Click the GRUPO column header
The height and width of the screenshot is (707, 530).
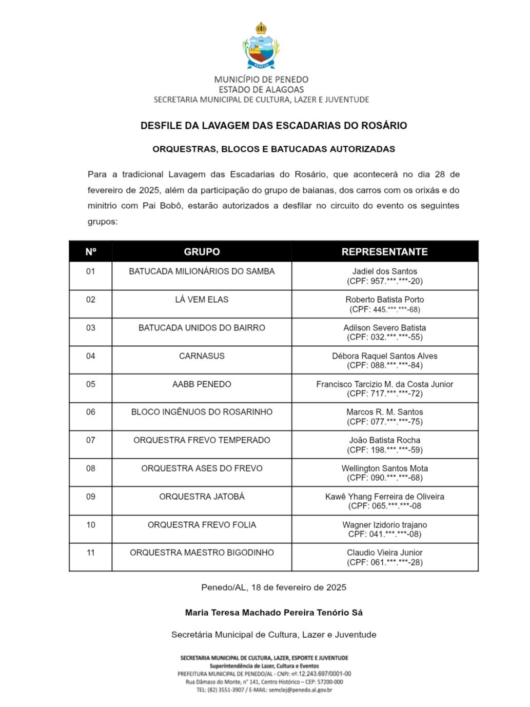pyautogui.click(x=202, y=252)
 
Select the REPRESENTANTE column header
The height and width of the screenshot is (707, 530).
pyautogui.click(x=384, y=252)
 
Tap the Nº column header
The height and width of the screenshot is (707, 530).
pyautogui.click(x=91, y=252)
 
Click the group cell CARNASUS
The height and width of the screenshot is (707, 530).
pyautogui.click(x=202, y=356)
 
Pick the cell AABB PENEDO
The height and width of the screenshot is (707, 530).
pyautogui.click(x=202, y=384)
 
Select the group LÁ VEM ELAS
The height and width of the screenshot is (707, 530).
pyautogui.click(x=202, y=300)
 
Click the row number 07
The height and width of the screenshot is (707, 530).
pyautogui.click(x=91, y=440)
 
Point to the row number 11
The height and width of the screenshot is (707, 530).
pyautogui.click(x=91, y=553)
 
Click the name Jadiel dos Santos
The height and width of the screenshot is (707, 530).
pyautogui.click(x=384, y=271)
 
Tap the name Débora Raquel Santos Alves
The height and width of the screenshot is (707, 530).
pyautogui.click(x=384, y=356)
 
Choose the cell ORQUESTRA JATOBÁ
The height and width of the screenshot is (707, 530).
pyautogui.click(x=202, y=497)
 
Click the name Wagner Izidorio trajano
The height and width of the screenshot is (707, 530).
pyautogui.click(x=384, y=525)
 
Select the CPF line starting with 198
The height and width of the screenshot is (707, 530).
pyautogui.click(x=384, y=450)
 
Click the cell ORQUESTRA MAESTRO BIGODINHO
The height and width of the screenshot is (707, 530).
pyautogui.click(x=202, y=553)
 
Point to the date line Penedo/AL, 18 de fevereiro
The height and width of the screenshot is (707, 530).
pyautogui.click(x=273, y=587)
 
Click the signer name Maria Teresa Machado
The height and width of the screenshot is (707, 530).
pyautogui.click(x=273, y=613)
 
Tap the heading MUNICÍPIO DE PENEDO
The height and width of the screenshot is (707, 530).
pyautogui.click(x=261, y=80)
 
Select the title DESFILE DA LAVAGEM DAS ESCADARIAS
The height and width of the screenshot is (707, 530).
pyautogui.click(x=273, y=126)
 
